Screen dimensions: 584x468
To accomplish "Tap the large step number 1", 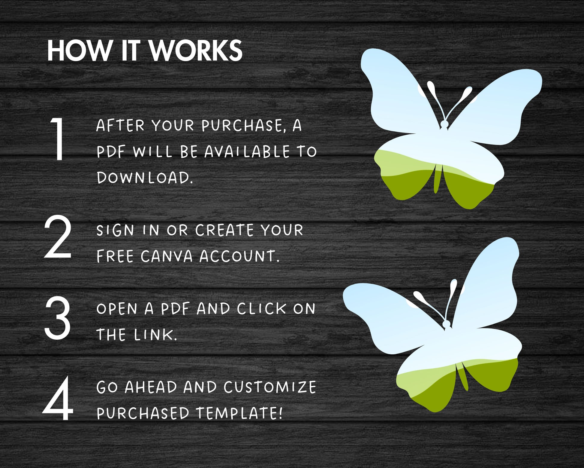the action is [58, 139].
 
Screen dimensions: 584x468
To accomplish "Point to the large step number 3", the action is [58, 318].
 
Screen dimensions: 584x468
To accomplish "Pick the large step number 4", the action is [58, 398].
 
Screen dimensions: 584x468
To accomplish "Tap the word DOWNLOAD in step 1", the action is [145, 177].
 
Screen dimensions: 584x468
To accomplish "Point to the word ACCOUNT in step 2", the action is [239, 256].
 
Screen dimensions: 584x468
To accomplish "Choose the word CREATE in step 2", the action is [224, 230].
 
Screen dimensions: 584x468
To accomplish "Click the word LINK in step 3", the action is [156, 335].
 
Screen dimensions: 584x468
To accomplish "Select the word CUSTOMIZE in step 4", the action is [270, 387].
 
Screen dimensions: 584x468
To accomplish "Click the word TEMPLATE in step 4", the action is [239, 413].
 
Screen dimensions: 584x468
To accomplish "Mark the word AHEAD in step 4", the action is [151, 387].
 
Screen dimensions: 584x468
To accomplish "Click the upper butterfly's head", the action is [444, 124].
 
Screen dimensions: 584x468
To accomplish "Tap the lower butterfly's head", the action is [447, 324].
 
